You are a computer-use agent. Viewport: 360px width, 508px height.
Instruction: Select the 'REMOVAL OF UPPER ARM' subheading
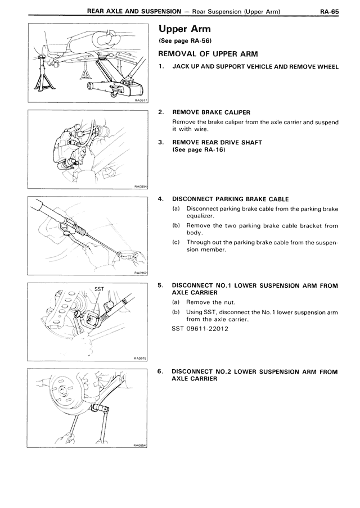208,54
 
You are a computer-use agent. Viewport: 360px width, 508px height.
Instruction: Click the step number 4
161,199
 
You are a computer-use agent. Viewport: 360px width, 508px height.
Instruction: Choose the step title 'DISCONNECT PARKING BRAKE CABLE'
230,199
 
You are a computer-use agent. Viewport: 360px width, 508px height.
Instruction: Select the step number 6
161,372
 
